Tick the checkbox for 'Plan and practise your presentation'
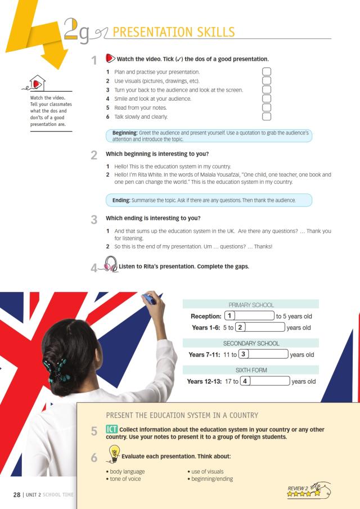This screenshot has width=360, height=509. [x=267, y=72]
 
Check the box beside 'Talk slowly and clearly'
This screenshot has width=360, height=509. [x=267, y=116]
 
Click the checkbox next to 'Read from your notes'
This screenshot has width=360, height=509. [x=267, y=107]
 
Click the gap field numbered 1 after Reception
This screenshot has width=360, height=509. [x=249, y=316]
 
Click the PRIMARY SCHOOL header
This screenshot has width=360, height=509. [x=251, y=304]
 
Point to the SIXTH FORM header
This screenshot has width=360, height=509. [x=251, y=370]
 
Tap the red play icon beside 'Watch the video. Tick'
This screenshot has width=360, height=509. [x=109, y=58]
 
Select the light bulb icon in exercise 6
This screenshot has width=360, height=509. [x=113, y=452]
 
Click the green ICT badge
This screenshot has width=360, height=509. [x=111, y=430]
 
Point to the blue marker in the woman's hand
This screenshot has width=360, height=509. [x=149, y=298]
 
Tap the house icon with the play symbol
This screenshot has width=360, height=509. [x=37, y=84]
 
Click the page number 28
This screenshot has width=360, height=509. [x=17, y=494]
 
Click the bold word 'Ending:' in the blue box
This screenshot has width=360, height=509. [x=121, y=200]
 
